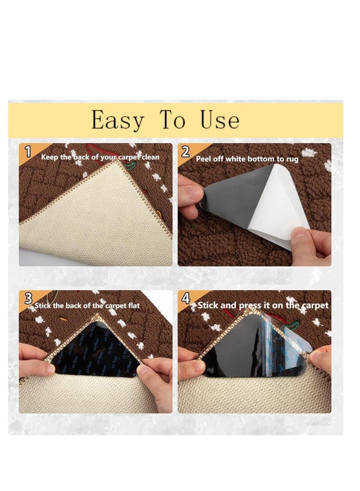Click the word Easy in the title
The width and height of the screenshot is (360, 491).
[118, 120]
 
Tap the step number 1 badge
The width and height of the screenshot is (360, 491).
[28, 152]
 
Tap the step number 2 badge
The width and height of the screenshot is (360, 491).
[185, 152]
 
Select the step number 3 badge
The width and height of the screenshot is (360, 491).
[28, 298]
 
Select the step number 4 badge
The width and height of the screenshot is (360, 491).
[185, 298]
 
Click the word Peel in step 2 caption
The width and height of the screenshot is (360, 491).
[204, 159]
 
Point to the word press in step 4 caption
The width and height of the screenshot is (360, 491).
[252, 306]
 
